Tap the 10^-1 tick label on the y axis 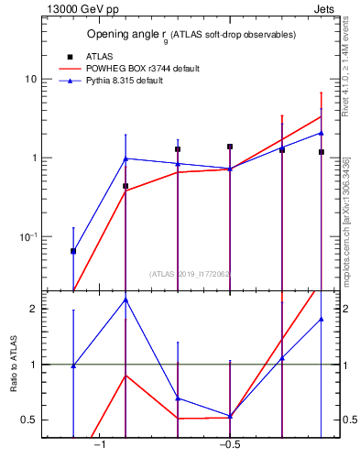click(27, 236)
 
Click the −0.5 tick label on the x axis click(229, 445)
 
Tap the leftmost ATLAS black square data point click(73, 251)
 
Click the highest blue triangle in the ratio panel click(125, 300)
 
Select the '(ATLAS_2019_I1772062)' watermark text click(191, 273)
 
